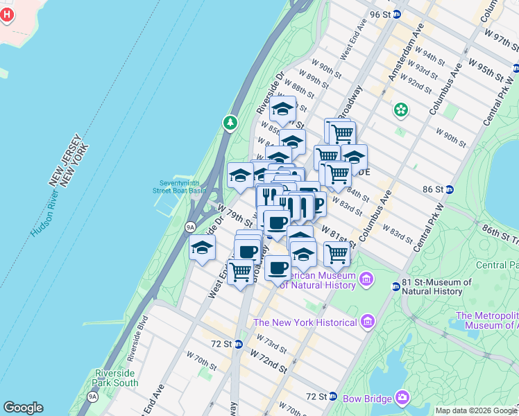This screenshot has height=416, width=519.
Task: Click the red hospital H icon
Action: [7, 15]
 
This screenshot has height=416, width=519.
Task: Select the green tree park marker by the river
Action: [230, 123]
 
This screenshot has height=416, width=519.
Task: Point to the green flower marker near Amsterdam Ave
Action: [400, 109]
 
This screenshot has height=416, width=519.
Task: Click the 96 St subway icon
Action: [396, 14]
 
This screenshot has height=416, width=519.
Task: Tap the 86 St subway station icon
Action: [450, 189]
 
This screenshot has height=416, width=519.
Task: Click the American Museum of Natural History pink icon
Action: [366, 280]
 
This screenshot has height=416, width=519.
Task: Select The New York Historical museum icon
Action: [368, 322]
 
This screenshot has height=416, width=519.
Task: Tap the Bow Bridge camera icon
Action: [402, 397]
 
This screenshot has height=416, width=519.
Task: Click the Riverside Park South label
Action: [116, 378]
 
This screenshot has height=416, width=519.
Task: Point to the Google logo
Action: [23, 408]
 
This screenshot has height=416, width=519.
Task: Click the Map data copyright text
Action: [476, 410]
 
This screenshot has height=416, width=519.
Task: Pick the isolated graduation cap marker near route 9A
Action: [202, 248]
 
